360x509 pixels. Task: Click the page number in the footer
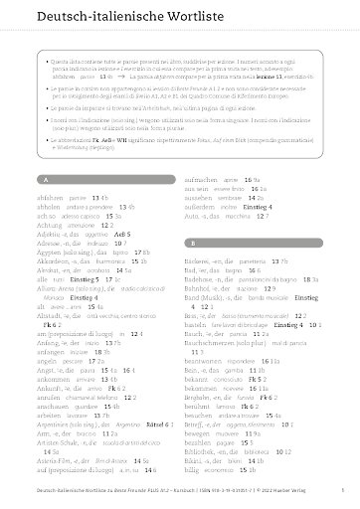[x=341, y=492]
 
